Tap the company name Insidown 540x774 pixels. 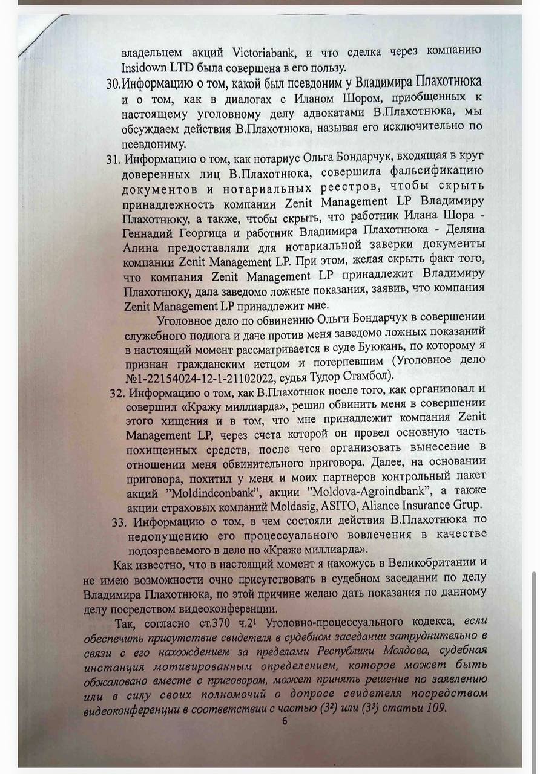click(x=148, y=67)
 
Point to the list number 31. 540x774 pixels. click(x=114, y=160)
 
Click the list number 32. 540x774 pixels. click(x=117, y=392)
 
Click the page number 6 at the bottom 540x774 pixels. click(x=285, y=721)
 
